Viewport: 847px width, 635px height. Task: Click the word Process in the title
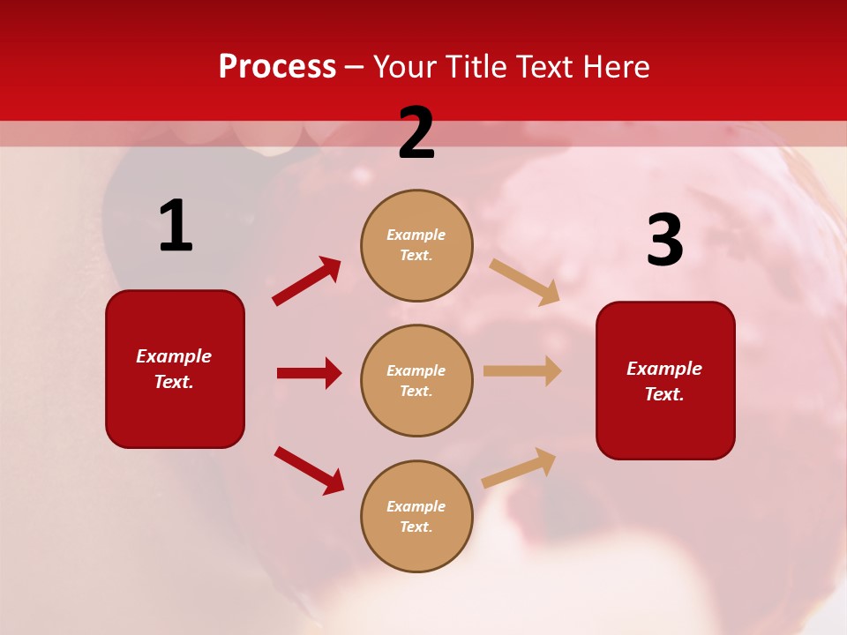pos(277,66)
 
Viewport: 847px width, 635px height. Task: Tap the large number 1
pos(176,227)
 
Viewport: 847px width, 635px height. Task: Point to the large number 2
pos(416,133)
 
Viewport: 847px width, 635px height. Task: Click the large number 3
pos(664,240)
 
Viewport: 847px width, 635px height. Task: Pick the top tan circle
pos(416,245)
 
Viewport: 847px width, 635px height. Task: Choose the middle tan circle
pos(416,380)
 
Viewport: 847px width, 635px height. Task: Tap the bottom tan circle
pos(416,516)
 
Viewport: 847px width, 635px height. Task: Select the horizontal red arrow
pos(309,373)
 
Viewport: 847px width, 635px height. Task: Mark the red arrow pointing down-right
pos(309,471)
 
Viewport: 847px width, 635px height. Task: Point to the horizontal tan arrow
pos(522,370)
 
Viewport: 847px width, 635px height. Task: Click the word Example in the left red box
pos(174,356)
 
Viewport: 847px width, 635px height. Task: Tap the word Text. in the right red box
pos(664,394)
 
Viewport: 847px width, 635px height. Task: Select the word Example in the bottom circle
pos(416,506)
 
